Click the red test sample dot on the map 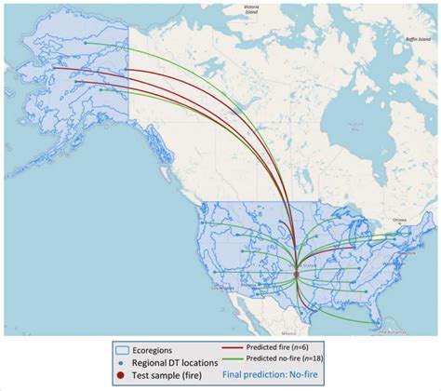[296, 272]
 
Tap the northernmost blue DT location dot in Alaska [85, 42]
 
